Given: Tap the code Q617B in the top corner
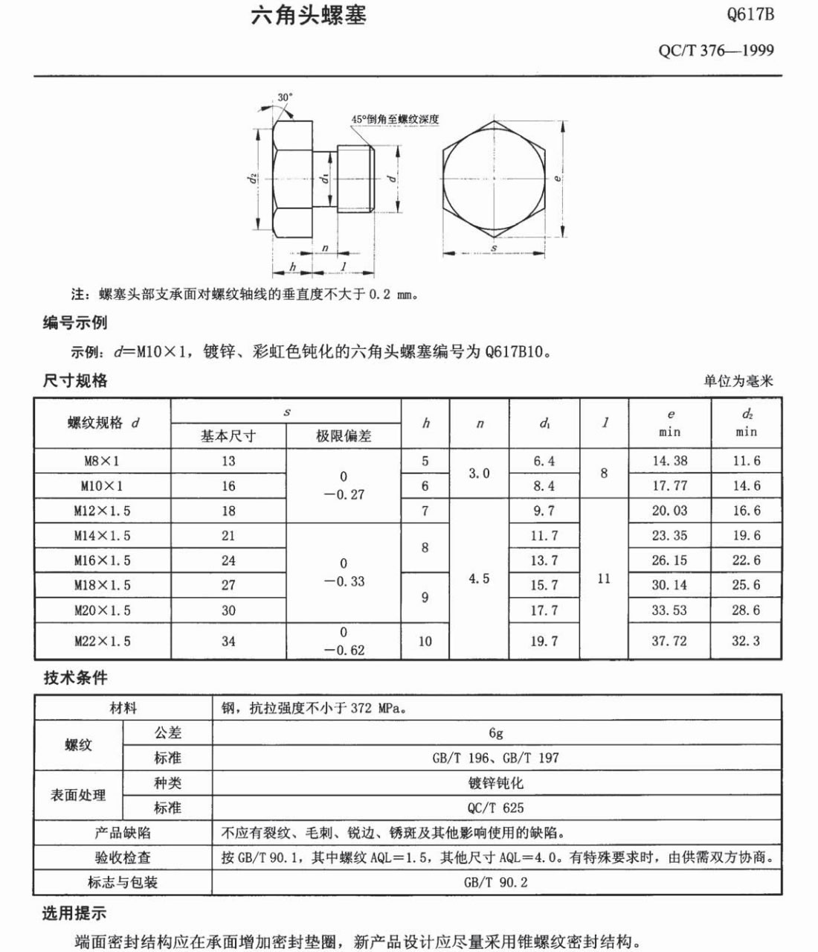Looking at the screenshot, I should (x=750, y=14).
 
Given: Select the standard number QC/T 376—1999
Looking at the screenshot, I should (x=716, y=51).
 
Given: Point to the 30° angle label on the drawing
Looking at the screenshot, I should (x=286, y=98).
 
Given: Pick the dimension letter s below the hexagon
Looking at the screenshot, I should (x=495, y=247).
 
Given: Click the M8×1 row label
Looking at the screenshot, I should (x=102, y=461).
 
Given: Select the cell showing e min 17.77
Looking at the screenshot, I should (x=669, y=485).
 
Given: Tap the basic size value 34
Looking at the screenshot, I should (x=228, y=641).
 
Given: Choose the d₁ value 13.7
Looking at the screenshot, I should (x=544, y=560).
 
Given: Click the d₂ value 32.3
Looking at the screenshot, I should (x=746, y=641).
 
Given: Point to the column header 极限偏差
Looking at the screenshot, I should (x=344, y=436).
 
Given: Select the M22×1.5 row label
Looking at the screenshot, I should (x=102, y=641).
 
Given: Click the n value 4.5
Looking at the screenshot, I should (x=479, y=578).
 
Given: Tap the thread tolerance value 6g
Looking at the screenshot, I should (x=496, y=733).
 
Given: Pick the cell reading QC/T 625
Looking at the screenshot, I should (x=496, y=808).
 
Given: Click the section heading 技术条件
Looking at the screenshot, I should (x=75, y=678).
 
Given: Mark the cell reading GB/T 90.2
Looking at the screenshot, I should (x=496, y=882).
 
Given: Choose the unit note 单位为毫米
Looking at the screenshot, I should (x=738, y=381).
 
